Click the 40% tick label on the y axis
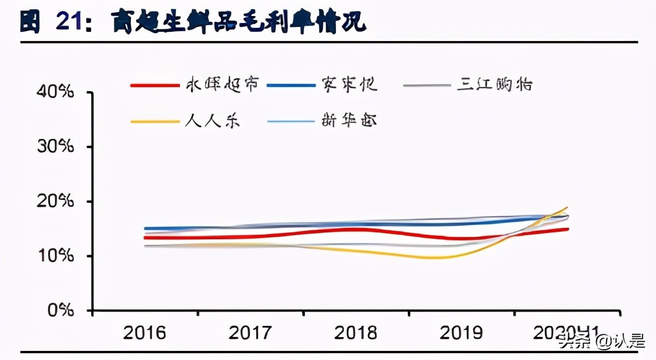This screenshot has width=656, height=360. tap(56, 92)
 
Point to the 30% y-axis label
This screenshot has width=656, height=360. tap(56, 147)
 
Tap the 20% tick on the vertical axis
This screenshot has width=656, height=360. tap(56, 202)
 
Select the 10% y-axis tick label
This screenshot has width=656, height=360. tap(56, 256)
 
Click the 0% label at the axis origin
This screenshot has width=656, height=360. tap(61, 311)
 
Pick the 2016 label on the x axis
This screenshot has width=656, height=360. tap(145, 333)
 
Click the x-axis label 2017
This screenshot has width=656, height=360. tap(250, 333)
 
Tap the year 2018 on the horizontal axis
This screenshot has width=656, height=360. tap(355, 333)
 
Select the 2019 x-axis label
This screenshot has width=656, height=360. tap(461, 333)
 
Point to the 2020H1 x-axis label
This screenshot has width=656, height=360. tap(564, 333)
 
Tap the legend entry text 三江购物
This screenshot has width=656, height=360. tap(495, 85)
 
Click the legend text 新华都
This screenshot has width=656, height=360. tap(348, 121)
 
